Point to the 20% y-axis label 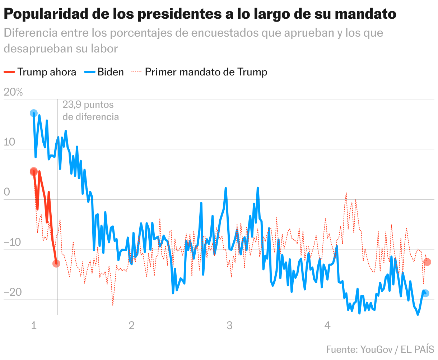[x=13, y=92]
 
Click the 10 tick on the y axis [x=10, y=142]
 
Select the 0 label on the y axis [x=7, y=192]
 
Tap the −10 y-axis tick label [x=13, y=243]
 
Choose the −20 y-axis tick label [x=13, y=292]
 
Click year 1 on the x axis [x=34, y=326]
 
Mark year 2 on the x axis [x=132, y=326]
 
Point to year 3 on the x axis [x=229, y=326]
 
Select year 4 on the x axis [x=327, y=326]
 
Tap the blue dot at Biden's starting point [x=33, y=113]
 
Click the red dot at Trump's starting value [x=34, y=172]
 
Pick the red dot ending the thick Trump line [x=56, y=263]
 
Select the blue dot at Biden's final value [x=425, y=293]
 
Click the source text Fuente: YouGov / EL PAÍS [x=380, y=349]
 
